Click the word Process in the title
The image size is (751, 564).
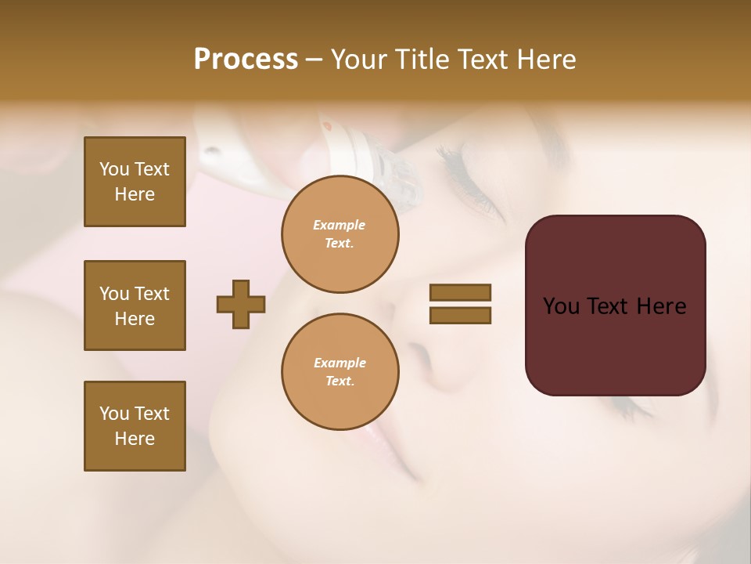point(246,60)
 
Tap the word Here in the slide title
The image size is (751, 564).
point(544,60)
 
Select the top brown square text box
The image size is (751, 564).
point(135,182)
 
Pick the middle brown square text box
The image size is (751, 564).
point(135,305)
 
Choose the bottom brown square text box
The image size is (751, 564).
point(135,426)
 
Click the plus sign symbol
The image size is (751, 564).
point(241,304)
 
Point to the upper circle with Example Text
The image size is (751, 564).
point(340,234)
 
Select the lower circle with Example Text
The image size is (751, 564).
point(340,372)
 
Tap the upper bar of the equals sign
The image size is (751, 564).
point(460,292)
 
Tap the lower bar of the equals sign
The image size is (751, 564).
point(460,315)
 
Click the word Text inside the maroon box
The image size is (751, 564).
point(611,306)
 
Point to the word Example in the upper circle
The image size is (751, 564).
point(340,225)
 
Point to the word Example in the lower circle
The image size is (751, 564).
point(340,363)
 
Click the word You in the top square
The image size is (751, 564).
point(114,169)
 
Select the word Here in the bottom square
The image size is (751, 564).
point(135,439)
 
